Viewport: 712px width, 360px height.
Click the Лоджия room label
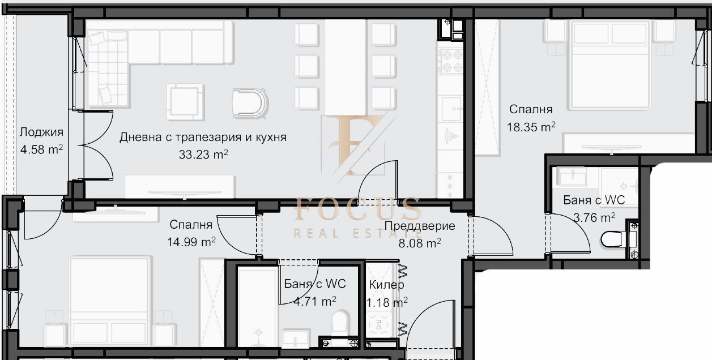[x=41, y=132]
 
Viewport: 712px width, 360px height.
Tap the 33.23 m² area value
[x=203, y=155]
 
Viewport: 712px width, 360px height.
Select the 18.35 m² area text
[x=531, y=127]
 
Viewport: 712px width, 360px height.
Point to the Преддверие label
[x=420, y=226]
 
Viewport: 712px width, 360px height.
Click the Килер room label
[x=386, y=284]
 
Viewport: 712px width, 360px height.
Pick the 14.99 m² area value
[x=191, y=242]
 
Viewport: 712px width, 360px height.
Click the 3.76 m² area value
[x=594, y=218]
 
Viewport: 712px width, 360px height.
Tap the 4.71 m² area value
[x=315, y=301]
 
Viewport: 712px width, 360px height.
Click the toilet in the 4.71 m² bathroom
[x=340, y=323]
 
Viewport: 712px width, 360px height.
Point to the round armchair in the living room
[x=250, y=102]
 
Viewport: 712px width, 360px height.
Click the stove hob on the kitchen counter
[x=450, y=61]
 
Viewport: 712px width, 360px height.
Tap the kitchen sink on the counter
[x=451, y=109]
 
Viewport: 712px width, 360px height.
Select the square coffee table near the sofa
[x=185, y=102]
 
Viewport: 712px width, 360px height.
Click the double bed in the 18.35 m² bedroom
[x=609, y=65]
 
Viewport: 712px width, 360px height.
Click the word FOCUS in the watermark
[x=357, y=209]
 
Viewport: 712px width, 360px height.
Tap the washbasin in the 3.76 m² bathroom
[x=573, y=177]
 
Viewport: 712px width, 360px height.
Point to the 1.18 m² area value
[x=387, y=302]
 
